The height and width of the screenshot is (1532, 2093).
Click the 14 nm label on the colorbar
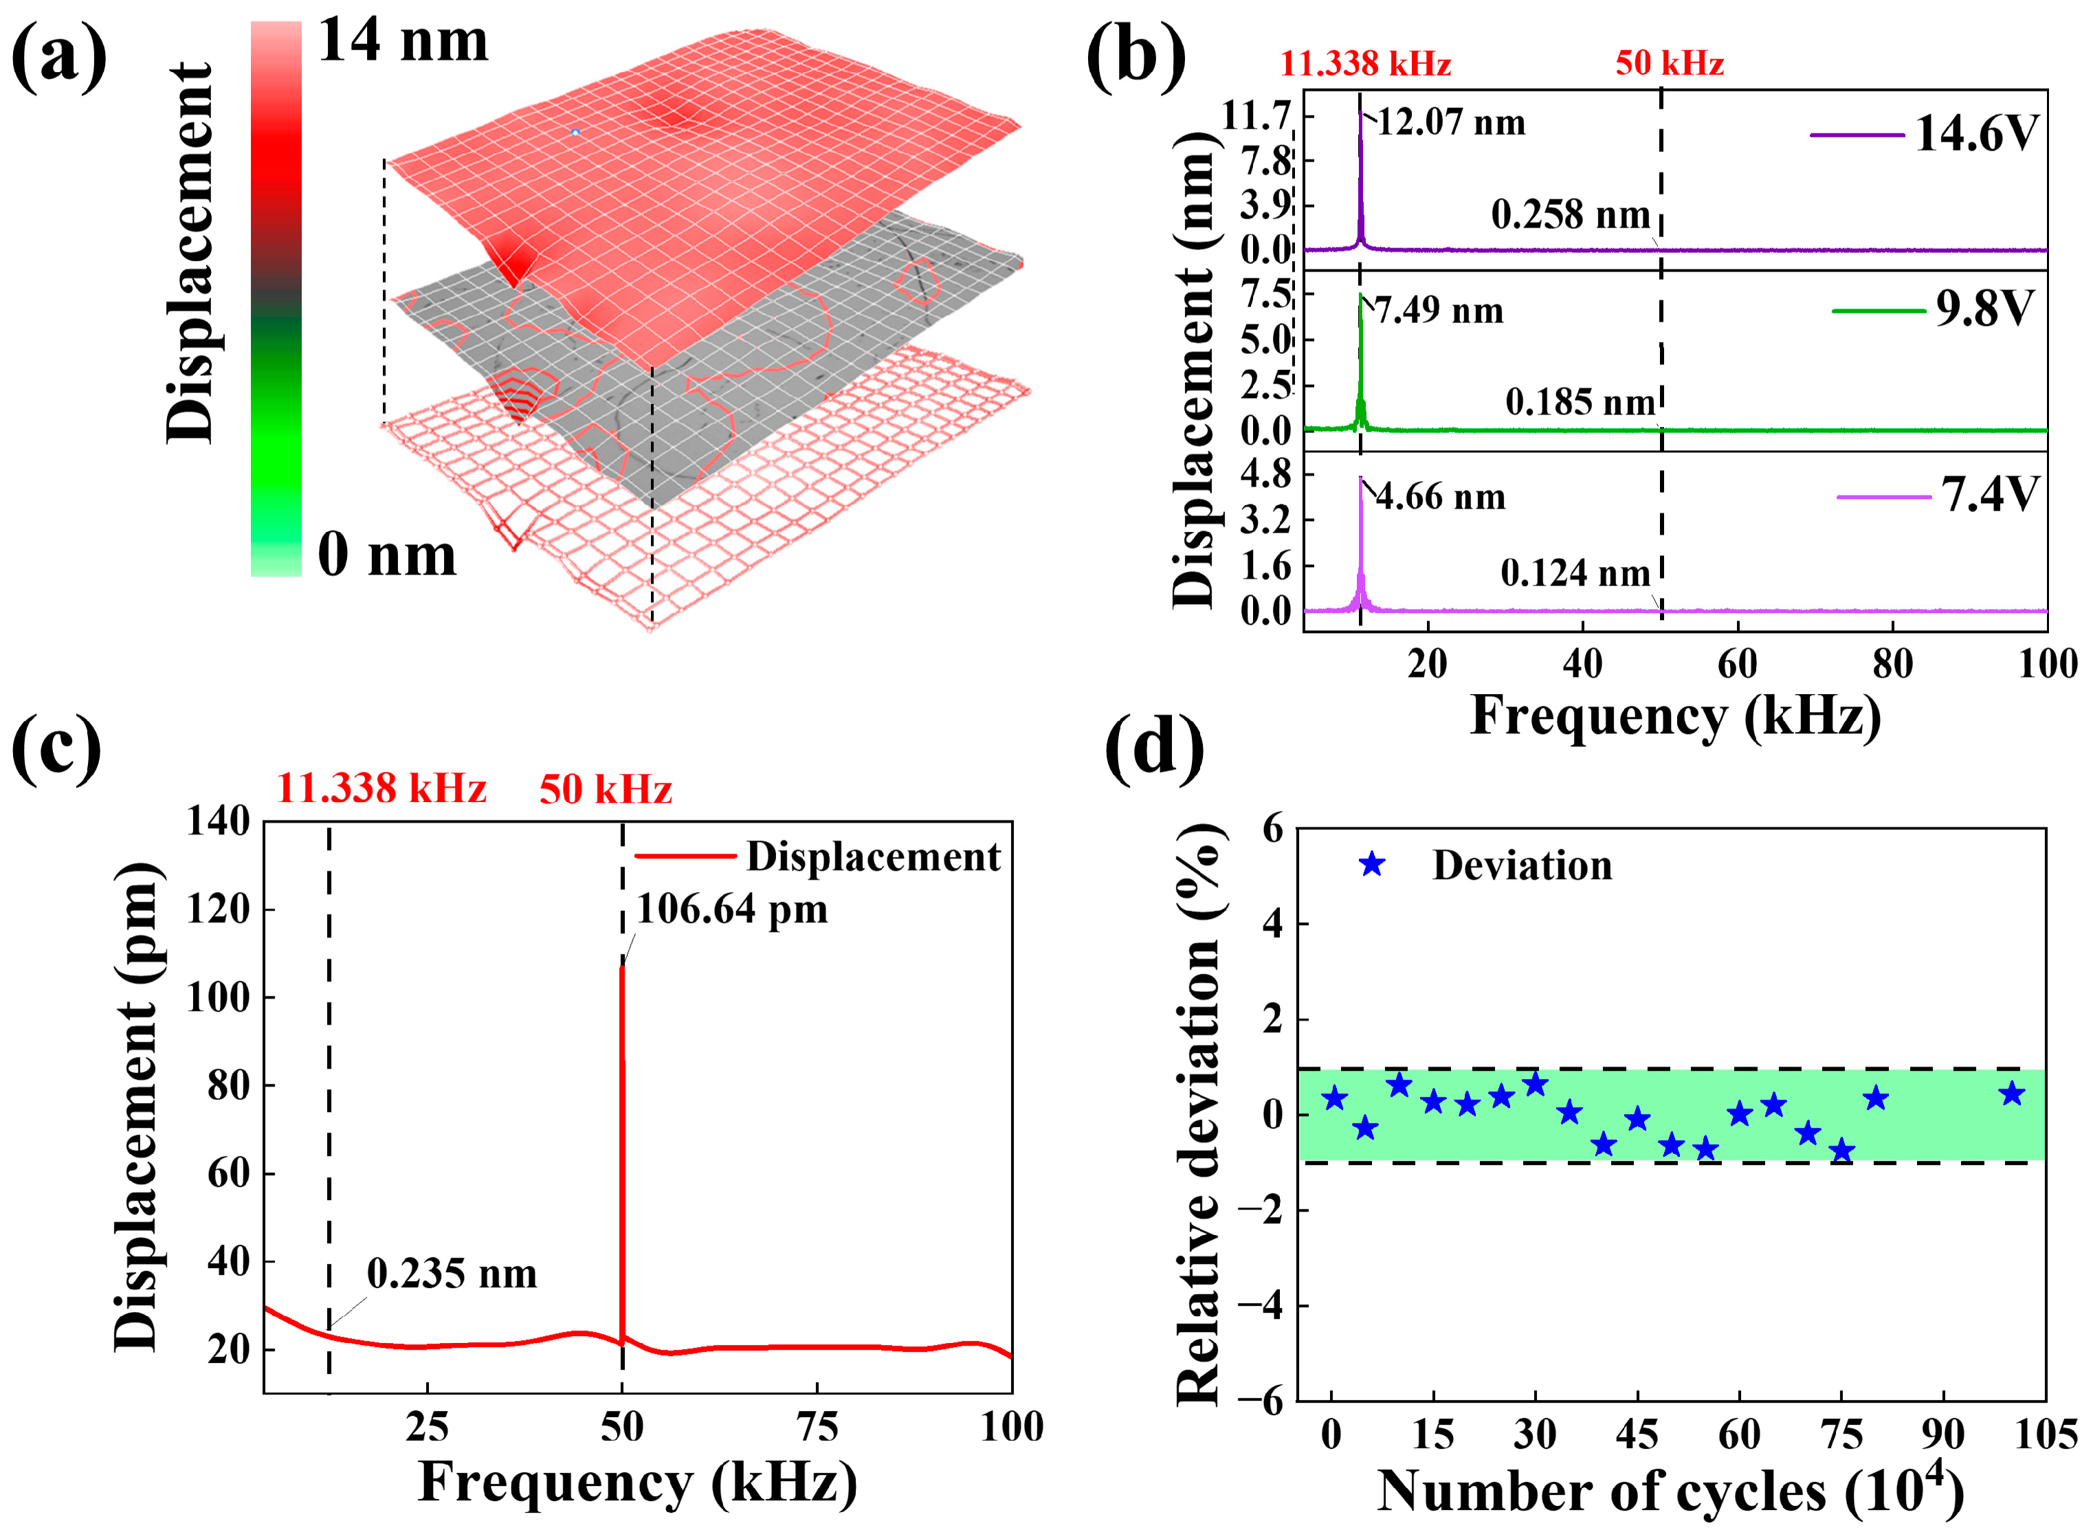coord(403,42)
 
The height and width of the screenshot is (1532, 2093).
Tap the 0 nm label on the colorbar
coord(387,555)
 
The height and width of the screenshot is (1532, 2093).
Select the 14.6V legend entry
coord(1975,135)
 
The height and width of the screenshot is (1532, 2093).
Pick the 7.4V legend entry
coord(1989,494)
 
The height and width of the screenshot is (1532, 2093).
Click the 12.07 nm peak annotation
coord(1450,122)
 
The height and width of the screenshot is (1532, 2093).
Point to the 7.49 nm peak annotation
coord(1439,311)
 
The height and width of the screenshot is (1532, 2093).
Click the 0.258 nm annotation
coord(1570,215)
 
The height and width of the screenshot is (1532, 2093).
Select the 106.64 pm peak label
coord(731,910)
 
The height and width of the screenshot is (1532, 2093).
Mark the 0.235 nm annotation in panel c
coord(452,1274)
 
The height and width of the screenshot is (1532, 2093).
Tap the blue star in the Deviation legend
coord(1371,865)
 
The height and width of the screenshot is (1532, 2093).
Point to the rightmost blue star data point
coord(2011,1094)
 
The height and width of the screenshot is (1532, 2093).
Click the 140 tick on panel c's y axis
coord(219,821)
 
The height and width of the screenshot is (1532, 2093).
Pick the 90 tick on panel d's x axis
coord(1942,1434)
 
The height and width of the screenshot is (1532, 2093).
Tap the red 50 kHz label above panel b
coord(1669,63)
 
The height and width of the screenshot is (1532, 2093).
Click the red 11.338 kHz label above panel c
coord(381,789)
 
